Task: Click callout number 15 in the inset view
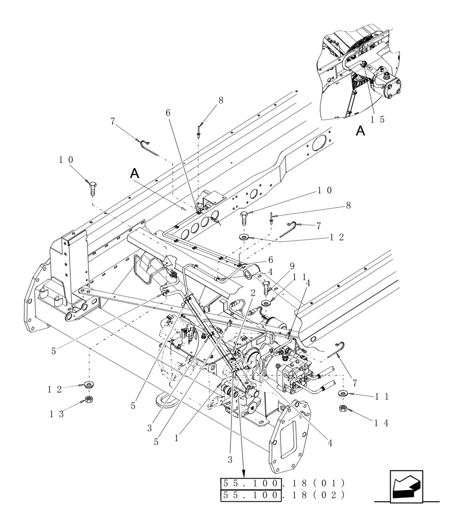tap(377, 120)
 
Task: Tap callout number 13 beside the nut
tap(56, 414)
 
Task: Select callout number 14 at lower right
tap(382, 423)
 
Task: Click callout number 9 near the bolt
tap(292, 266)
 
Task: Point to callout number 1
tap(176, 437)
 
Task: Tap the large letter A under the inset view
tap(360, 131)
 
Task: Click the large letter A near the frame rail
tap(135, 173)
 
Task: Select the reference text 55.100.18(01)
tap(283, 483)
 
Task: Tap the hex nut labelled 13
tap(89, 399)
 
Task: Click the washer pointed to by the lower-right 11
tap(343, 394)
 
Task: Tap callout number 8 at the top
tap(220, 100)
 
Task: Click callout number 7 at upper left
tap(113, 121)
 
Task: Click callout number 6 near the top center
tap(168, 113)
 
